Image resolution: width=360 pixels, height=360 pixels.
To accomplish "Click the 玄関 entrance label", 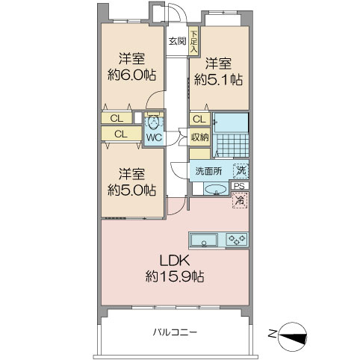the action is pos(177,41).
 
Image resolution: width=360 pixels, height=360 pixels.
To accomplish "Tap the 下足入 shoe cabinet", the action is pos(193,41).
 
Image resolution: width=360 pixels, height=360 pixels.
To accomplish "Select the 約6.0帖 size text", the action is pos(131,75).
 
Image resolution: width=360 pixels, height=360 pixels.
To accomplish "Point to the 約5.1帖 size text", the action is pos(218,80).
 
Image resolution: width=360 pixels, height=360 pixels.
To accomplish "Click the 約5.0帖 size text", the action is pos(131,190).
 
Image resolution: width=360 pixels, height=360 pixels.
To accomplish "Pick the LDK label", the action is pos(175,261).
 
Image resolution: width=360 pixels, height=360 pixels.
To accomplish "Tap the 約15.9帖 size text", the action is pos(175,276).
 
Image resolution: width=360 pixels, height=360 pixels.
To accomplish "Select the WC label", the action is pos(154,137).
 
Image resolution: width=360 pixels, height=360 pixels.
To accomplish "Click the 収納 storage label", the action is pos(200,137).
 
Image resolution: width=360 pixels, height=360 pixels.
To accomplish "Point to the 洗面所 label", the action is pos(208,171).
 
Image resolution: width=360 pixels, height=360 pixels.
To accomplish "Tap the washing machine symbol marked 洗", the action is pos(240,171).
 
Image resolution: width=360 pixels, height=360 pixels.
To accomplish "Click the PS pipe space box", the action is pos(240,186).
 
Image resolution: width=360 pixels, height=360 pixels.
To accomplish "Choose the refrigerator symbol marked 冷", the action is pos(240,200).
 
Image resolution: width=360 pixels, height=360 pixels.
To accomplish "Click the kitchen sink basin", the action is pos(204,240).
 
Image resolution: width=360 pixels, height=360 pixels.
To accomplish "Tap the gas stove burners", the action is pos(237,240).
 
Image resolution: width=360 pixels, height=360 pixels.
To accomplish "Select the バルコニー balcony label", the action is pos(175,332).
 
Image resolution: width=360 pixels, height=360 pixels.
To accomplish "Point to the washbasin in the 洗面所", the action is pos(216,189).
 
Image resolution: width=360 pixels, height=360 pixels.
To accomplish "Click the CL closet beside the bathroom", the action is pos(199,120).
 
